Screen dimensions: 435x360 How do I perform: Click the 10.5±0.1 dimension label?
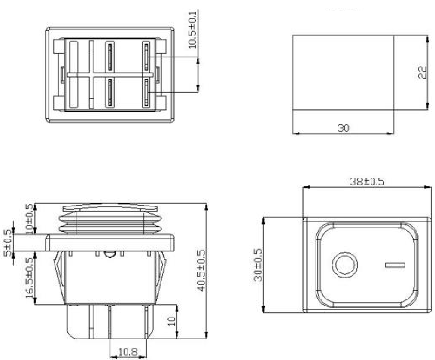[x=193, y=29]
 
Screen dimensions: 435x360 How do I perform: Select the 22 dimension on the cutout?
[x=422, y=73]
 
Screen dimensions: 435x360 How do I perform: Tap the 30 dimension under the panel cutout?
[x=343, y=128]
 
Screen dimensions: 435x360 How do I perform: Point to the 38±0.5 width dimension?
[x=367, y=182]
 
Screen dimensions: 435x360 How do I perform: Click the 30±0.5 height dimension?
[x=258, y=265]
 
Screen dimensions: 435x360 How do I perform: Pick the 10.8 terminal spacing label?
[x=128, y=352]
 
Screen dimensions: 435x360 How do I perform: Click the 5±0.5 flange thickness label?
[x=8, y=243]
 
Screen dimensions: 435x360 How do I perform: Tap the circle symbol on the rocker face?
[x=344, y=264]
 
